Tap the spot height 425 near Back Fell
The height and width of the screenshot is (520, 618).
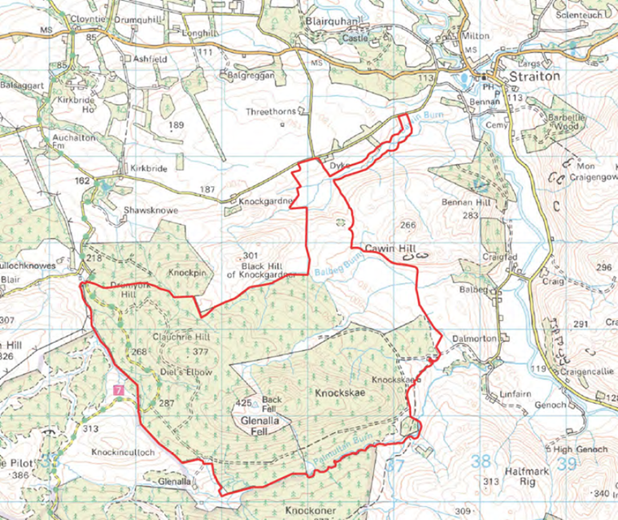click(x=242, y=402)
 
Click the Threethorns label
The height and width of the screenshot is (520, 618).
click(x=272, y=111)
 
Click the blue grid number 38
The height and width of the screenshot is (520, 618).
click(x=481, y=461)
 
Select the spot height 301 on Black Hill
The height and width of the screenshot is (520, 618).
click(x=250, y=256)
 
